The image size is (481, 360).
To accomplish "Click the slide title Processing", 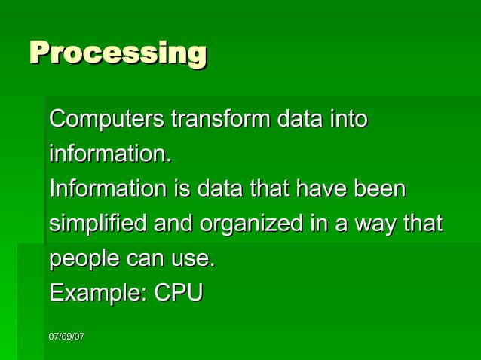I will tap(118, 54).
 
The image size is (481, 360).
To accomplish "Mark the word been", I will tap(382, 189).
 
